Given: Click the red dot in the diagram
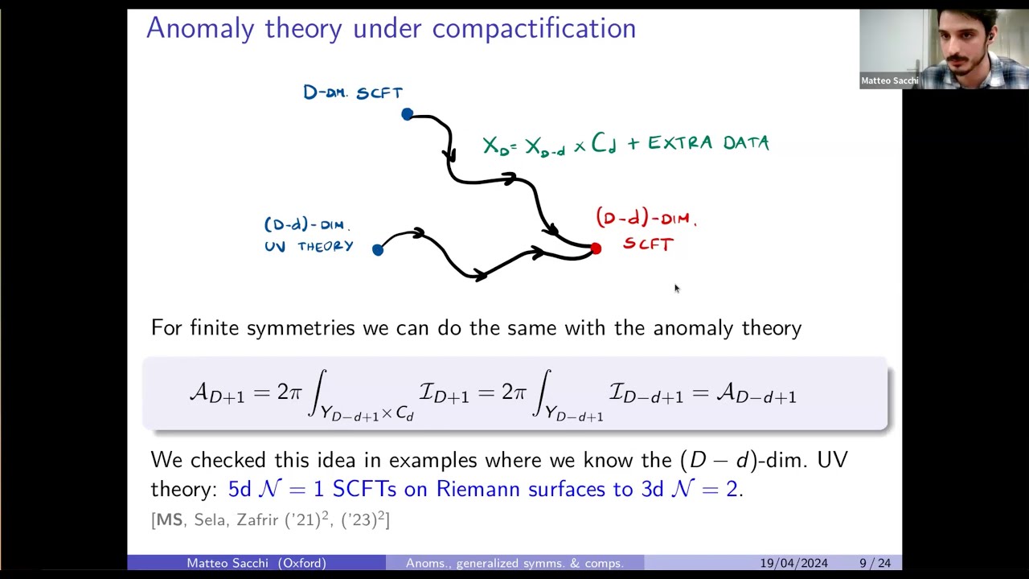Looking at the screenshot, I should tap(596, 249).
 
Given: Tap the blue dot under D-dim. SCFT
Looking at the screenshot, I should tap(408, 114).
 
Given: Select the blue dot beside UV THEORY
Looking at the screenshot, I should tap(378, 249).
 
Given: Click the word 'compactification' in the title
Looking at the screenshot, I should tap(534, 29).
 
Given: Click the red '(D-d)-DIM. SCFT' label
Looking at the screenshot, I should tap(646, 230).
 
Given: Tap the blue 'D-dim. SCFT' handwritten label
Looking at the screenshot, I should tap(353, 92).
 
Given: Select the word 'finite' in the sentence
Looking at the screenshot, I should tap(216, 328).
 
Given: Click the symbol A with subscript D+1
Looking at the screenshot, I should tap(216, 393).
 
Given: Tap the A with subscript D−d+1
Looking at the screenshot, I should tap(756, 393).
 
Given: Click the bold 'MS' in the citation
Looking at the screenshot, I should tap(170, 520).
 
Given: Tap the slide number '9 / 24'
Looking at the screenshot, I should tap(875, 563).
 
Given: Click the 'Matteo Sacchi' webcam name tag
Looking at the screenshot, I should tap(889, 80).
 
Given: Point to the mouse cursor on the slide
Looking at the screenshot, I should tap(676, 288).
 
